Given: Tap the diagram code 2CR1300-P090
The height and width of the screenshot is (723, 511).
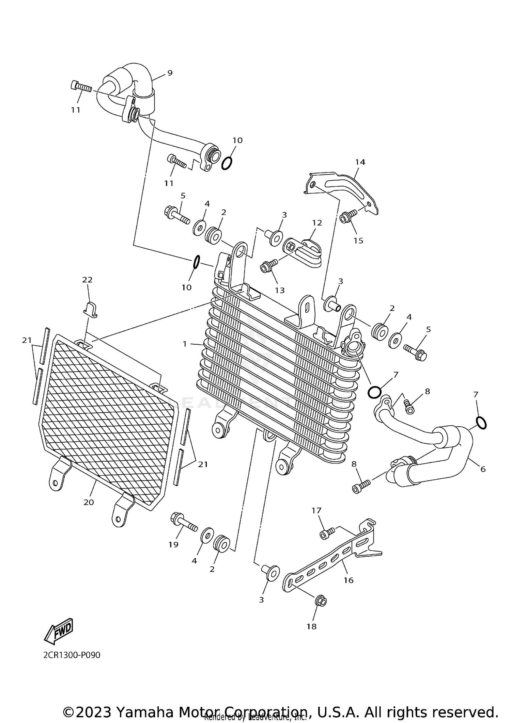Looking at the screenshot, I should coord(72,655).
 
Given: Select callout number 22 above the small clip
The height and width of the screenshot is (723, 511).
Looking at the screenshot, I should coord(87,280).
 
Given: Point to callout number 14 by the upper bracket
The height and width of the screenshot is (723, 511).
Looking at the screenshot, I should coord(360,162).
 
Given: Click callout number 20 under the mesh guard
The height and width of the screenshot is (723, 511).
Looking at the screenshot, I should coord(89,502).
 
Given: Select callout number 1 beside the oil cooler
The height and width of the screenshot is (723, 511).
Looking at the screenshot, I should coord(185,344).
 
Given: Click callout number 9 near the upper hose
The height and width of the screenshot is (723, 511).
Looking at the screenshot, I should coord(170,73).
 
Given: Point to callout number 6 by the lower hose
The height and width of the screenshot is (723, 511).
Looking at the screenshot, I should coord(483,469).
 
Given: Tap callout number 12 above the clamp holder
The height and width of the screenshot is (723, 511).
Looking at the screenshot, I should coord(317,223).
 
